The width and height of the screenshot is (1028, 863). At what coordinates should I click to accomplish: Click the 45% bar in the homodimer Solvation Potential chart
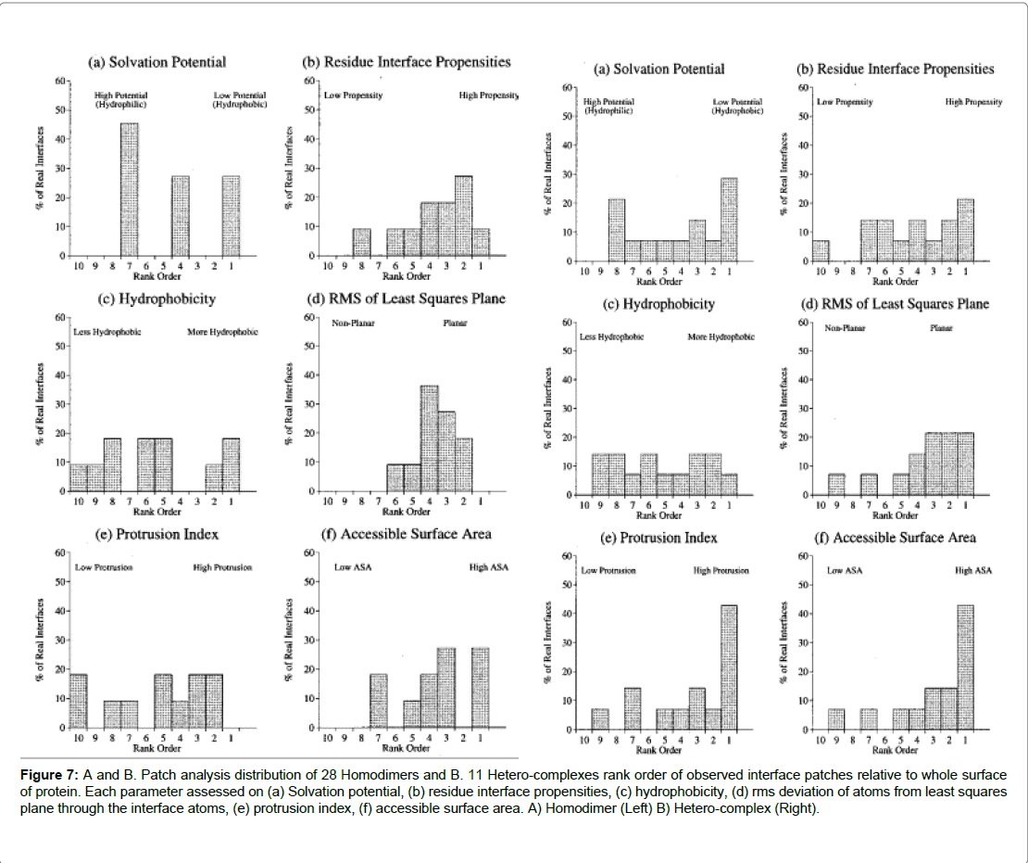click(129, 189)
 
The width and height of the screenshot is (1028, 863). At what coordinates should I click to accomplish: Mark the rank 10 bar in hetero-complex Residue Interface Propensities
click(819, 250)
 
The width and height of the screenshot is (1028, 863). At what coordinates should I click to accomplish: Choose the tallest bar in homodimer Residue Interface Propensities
click(463, 216)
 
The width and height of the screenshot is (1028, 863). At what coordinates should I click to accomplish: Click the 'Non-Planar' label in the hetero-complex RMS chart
click(845, 329)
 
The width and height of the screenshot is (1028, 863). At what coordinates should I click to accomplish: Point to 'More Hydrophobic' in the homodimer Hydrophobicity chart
click(223, 332)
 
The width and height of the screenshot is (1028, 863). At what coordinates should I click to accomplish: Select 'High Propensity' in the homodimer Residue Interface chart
click(488, 95)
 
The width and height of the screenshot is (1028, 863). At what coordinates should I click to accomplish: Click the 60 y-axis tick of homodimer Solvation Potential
click(59, 82)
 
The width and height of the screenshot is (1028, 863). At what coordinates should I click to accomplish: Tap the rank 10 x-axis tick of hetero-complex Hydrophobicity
click(585, 505)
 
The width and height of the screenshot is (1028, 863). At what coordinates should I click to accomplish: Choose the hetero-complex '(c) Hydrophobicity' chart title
click(658, 304)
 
